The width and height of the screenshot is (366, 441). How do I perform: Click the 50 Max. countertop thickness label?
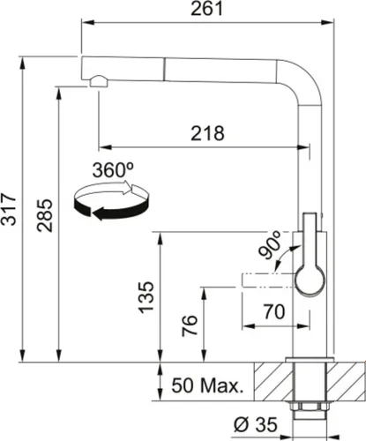coord(206,386)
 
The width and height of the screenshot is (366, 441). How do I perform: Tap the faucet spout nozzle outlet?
coord(96,82)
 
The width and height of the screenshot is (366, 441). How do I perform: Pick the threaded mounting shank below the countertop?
coord(310,401)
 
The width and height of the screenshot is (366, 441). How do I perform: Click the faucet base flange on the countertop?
coord(310,359)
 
